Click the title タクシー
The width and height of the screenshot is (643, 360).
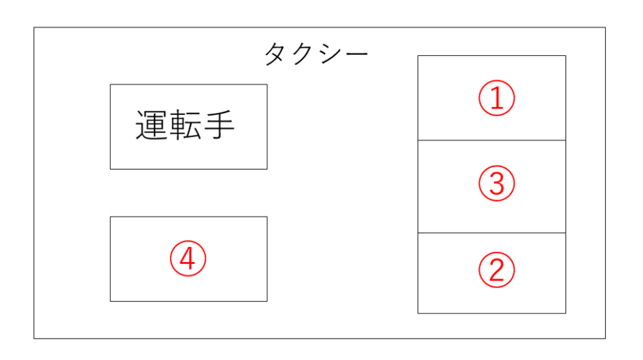[316, 54]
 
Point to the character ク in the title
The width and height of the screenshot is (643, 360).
[303, 54]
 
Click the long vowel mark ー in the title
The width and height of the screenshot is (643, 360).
[357, 54]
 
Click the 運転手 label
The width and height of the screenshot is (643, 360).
[185, 125]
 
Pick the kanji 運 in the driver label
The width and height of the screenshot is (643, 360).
[152, 125]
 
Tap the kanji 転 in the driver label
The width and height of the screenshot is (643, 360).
[185, 125]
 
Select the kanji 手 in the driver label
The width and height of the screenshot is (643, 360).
[219, 125]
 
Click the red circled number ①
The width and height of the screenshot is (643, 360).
[497, 98]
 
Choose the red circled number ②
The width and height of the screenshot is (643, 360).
[497, 270]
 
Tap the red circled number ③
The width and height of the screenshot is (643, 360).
[497, 183]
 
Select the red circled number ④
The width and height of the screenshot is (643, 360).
[188, 259]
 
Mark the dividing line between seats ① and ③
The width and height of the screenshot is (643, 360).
[492, 140]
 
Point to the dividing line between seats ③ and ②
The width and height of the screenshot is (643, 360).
[492, 232]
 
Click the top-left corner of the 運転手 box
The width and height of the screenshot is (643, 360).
[111, 85]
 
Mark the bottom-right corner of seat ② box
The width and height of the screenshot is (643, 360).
[566, 314]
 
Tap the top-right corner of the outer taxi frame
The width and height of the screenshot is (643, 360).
[606, 28]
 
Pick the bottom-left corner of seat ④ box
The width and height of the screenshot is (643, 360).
[111, 302]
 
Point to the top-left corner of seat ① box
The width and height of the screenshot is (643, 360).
[418, 56]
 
